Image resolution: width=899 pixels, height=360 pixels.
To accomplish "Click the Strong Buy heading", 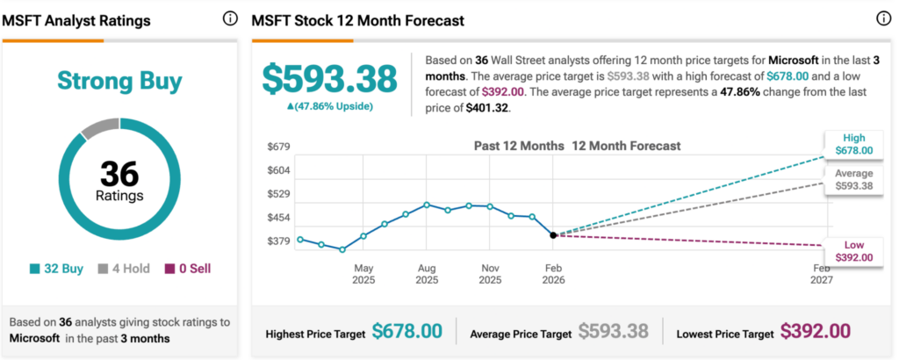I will click(119, 82).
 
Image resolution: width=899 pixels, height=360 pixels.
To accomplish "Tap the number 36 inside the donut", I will click(119, 172).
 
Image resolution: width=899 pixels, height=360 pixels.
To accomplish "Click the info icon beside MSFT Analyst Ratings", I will click(230, 18).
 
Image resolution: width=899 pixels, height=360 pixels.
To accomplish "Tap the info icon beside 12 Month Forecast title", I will click(883, 18).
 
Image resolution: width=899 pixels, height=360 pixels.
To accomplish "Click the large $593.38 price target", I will click(330, 79).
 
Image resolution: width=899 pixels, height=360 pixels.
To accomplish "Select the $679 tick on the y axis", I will click(278, 147).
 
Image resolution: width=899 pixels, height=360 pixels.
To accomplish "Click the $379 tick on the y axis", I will click(278, 241).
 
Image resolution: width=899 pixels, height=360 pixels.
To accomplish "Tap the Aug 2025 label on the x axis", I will click(426, 274).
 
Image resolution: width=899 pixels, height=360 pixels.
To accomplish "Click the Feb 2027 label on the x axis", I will click(821, 274).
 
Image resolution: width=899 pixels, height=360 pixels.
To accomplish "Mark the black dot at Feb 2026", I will click(554, 234).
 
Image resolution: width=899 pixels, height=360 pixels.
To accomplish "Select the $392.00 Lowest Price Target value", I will click(816, 331).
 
